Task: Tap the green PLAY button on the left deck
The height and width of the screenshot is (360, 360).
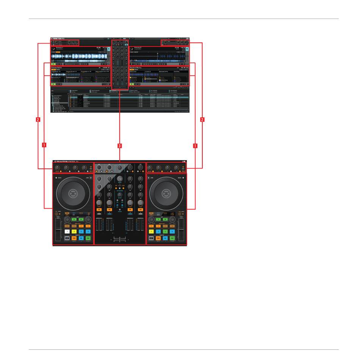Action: (x=88, y=238)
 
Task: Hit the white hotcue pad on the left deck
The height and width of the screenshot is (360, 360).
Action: (x=67, y=231)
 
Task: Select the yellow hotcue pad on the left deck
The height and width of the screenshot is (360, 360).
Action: (x=74, y=231)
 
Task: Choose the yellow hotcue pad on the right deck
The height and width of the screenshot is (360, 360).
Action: (x=152, y=231)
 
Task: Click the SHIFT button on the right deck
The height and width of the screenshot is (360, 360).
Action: (x=152, y=238)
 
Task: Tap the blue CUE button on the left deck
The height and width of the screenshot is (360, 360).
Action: (x=81, y=238)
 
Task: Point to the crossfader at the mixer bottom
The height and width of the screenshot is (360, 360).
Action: (x=119, y=238)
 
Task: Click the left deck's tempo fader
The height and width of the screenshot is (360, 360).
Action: (x=58, y=231)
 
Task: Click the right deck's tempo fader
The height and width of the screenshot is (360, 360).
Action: (x=181, y=231)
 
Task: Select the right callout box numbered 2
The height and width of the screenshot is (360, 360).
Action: (x=202, y=120)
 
